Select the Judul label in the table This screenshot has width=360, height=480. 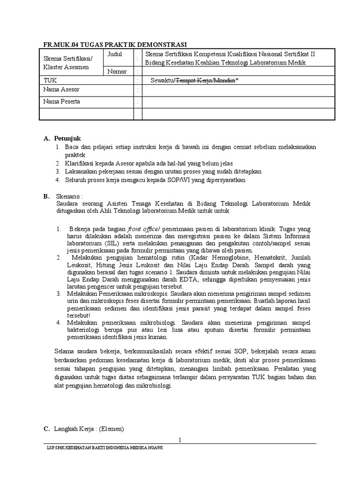115,54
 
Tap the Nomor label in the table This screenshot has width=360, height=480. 117,71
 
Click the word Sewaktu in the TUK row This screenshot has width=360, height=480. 162,81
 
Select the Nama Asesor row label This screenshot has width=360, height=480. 61,90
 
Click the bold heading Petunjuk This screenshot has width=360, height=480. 67,138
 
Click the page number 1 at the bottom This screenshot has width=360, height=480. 180,439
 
